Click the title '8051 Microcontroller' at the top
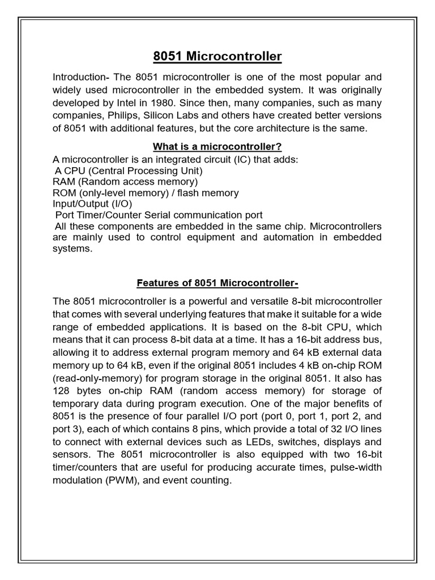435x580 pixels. pyautogui.click(x=217, y=57)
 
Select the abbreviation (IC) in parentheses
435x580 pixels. pyautogui.click(x=241, y=159)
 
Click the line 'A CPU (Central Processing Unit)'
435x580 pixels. pyautogui.click(x=129, y=170)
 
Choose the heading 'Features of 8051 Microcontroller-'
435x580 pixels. pyautogui.click(x=217, y=282)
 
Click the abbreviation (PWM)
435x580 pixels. pyautogui.click(x=133, y=480)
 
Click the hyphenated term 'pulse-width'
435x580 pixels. pyautogui.click(x=357, y=467)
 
